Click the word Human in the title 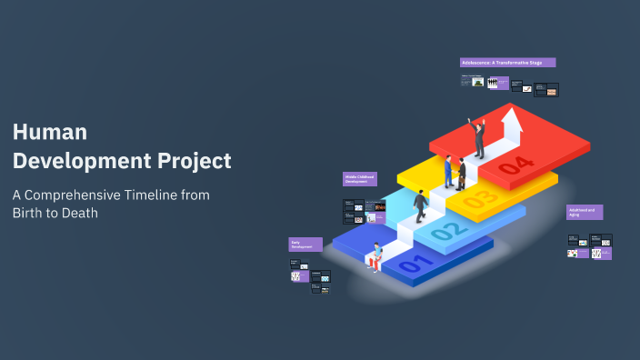point(50,132)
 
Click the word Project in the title point(192,162)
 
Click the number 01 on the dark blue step point(409,264)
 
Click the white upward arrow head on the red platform point(512,117)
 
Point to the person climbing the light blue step point(420,206)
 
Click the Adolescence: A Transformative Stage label point(507,63)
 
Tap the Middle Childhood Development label point(359,179)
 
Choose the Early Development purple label point(305,244)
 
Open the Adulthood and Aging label point(584,212)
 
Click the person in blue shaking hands point(449,170)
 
